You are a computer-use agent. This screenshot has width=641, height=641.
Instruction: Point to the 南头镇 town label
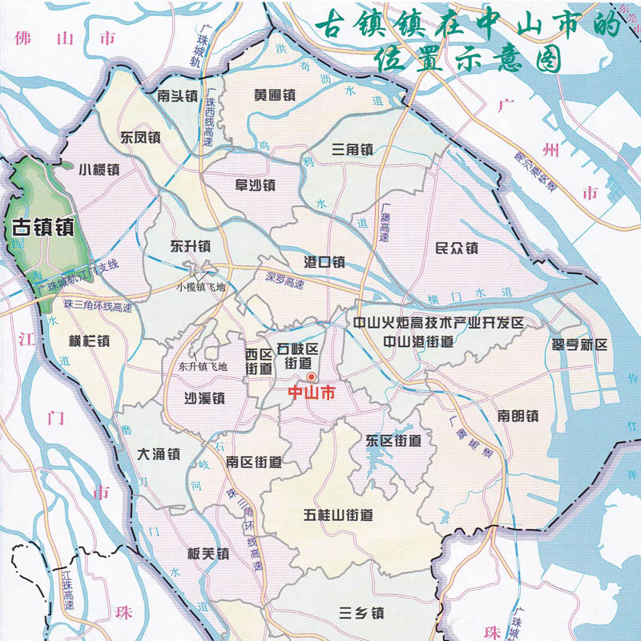pos(178,96)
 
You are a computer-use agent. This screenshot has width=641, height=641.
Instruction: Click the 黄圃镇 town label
pos(275,95)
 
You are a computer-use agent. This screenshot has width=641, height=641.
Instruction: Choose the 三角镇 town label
pos(353,150)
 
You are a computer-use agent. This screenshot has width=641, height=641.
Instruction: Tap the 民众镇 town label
pos(456,248)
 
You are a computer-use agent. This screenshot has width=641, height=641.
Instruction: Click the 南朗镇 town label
pos(517,416)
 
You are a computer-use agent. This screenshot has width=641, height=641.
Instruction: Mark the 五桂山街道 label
pos(339,515)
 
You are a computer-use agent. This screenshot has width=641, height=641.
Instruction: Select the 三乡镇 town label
pos(361,615)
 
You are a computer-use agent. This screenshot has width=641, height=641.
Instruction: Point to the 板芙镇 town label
pos(208,554)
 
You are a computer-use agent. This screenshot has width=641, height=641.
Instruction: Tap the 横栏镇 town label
pos(90,341)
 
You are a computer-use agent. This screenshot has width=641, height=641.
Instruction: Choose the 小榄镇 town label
pos(99,170)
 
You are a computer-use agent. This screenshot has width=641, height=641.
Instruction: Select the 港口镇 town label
pos(325,262)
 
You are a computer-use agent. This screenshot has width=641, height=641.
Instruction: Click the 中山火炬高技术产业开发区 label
pos(438,323)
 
